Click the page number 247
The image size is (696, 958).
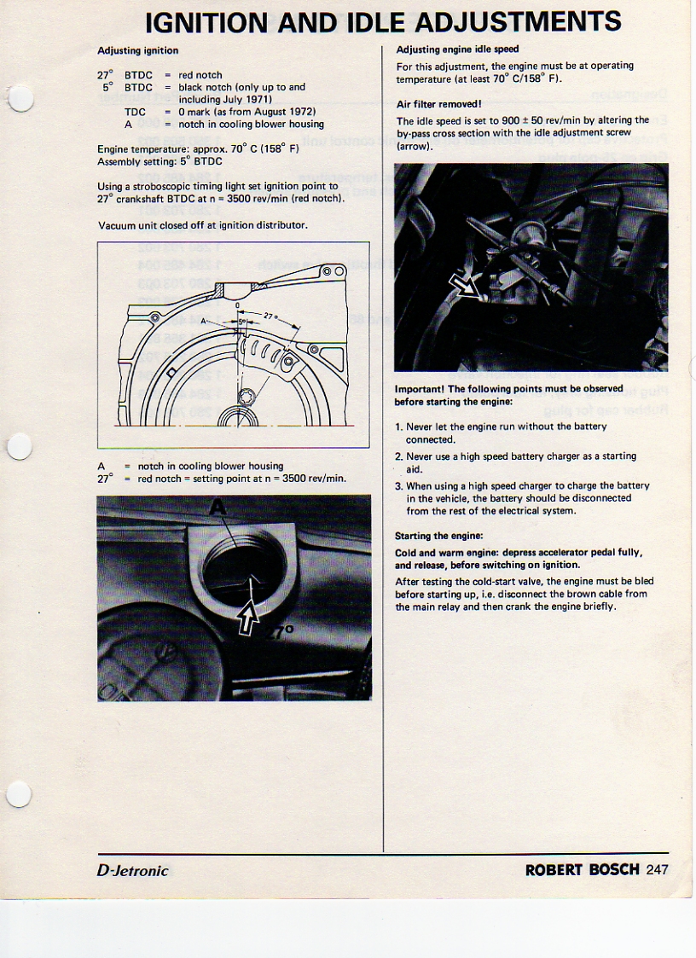point(657,870)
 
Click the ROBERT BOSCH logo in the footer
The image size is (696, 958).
point(583,870)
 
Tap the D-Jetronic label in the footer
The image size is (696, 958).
point(132,870)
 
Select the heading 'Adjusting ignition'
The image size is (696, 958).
point(138,50)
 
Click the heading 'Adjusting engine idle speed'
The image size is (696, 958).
point(457,49)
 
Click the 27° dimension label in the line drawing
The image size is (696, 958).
point(272,314)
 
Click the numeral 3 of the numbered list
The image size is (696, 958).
point(398,485)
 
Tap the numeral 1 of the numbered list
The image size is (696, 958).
point(398,427)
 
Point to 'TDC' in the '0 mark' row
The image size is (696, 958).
point(135,112)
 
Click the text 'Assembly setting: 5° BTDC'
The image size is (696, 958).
point(159,161)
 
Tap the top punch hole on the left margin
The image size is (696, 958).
point(20,101)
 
